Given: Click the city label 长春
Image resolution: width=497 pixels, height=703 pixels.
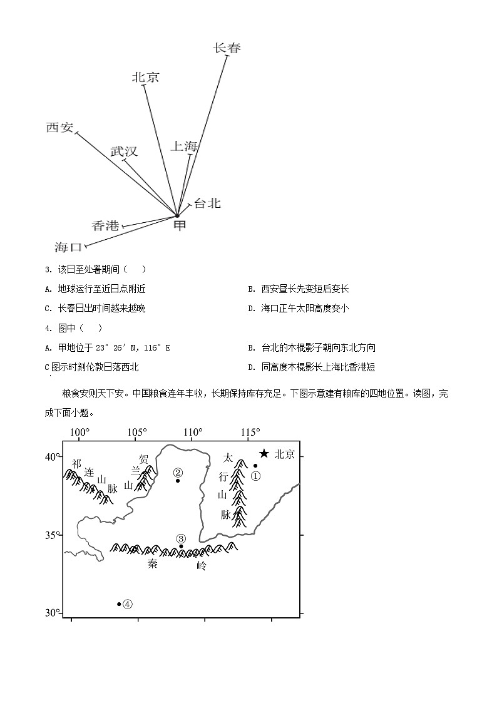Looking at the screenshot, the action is (227, 48).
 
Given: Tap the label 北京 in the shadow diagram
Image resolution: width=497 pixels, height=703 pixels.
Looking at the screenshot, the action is (146, 77).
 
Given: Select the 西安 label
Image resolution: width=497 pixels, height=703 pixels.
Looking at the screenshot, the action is (60, 127).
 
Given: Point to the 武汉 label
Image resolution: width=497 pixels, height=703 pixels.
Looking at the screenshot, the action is (124, 151).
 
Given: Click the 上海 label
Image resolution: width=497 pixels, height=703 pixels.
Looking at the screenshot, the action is (185, 146).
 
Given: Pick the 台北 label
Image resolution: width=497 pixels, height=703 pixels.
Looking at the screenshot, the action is (207, 203).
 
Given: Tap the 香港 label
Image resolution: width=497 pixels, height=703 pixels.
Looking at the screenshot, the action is (105, 226).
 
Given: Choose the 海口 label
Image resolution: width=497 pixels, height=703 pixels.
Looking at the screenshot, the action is (69, 247).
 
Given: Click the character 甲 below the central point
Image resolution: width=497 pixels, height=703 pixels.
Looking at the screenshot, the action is (180, 225).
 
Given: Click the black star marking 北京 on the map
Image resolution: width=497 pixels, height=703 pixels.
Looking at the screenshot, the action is (264, 453).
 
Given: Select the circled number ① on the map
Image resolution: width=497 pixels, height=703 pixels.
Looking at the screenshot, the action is (255, 476).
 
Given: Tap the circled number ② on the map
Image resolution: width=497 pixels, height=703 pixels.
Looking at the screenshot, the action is (178, 473).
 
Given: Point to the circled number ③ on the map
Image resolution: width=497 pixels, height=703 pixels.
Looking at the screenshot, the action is (181, 538).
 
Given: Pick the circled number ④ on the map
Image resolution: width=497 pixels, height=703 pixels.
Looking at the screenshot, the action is (128, 604).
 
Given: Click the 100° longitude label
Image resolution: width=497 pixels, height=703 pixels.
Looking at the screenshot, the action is (79, 432).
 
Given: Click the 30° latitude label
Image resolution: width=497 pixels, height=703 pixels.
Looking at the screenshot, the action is (53, 613).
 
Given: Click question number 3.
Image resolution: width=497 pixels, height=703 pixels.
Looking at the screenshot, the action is (48, 269).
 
